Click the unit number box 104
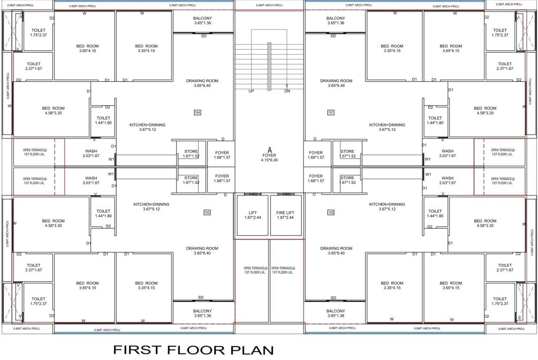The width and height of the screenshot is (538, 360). (197, 112)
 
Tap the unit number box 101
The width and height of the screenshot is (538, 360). (331, 112)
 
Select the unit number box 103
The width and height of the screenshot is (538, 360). (207, 212)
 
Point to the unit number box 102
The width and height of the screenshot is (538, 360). (331, 212)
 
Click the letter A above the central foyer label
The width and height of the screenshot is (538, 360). (269, 150)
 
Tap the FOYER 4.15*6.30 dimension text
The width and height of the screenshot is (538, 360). (269, 160)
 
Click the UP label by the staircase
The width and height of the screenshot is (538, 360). (251, 91)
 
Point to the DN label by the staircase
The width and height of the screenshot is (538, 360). (287, 91)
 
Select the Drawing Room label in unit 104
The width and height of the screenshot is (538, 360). (202, 83)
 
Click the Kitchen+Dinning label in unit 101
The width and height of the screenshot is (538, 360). (387, 127)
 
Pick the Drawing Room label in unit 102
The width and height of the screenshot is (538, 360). (336, 250)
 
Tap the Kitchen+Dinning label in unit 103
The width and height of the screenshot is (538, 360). (151, 207)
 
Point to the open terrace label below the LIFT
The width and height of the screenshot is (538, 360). (252, 270)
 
